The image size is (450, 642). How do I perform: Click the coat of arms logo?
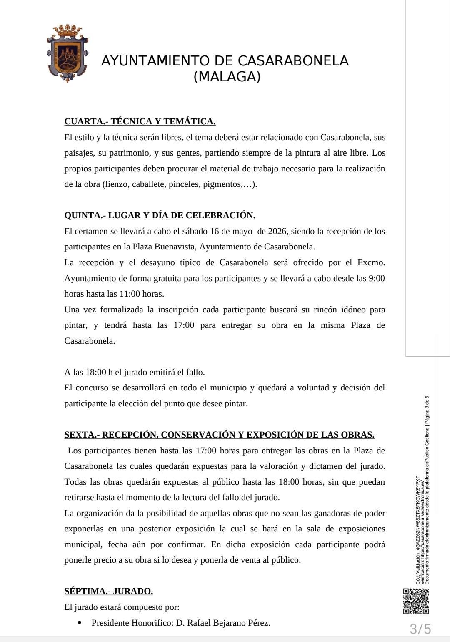(67, 53)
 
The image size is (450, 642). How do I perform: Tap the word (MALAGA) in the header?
(227, 77)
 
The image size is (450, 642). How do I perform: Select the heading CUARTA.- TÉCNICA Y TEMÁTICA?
(140, 121)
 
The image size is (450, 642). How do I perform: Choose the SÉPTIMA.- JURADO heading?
(108, 591)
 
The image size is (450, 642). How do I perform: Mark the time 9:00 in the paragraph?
(377, 278)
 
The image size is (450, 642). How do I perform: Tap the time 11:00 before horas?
(130, 294)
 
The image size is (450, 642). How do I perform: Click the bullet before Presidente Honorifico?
(80, 623)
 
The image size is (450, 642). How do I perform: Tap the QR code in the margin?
(415, 601)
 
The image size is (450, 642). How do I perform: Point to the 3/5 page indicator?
(420, 629)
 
